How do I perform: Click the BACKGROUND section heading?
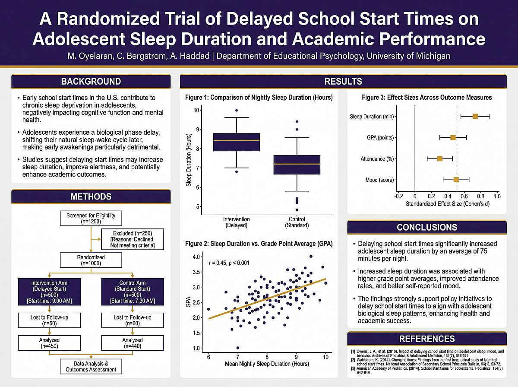[x=91, y=82]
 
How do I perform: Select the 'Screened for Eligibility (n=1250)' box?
[x=91, y=219]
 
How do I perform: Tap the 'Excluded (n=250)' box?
[x=133, y=239]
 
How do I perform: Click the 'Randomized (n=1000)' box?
[x=91, y=260]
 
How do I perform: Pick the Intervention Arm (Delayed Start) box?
[x=49, y=292]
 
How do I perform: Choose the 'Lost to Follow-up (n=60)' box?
[x=133, y=320]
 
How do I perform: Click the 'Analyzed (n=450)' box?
[x=49, y=343]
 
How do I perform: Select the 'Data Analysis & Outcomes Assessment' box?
[x=91, y=366]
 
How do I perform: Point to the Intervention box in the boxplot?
[x=237, y=142]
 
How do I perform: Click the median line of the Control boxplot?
[x=297, y=164]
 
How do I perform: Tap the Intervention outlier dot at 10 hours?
[x=237, y=110]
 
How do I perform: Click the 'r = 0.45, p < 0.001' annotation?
[x=229, y=263]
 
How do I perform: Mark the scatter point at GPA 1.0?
[x=238, y=348]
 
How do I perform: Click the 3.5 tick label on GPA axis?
[x=196, y=272]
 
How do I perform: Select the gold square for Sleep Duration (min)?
[x=475, y=117]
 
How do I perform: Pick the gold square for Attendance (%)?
[x=439, y=159]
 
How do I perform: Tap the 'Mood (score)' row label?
[x=380, y=180]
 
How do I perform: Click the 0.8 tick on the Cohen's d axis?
[x=480, y=196]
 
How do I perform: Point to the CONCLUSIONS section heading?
[x=427, y=227]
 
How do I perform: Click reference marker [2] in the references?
[x=353, y=360]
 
